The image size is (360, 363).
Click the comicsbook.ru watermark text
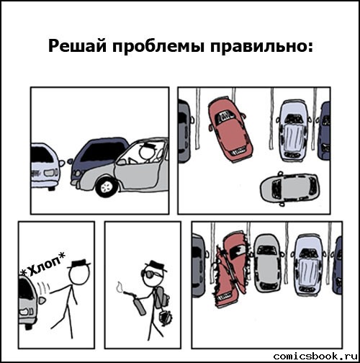[313, 356]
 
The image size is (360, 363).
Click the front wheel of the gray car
[106, 187]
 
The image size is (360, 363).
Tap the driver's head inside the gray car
[148, 153]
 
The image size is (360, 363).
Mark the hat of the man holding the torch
[154, 264]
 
